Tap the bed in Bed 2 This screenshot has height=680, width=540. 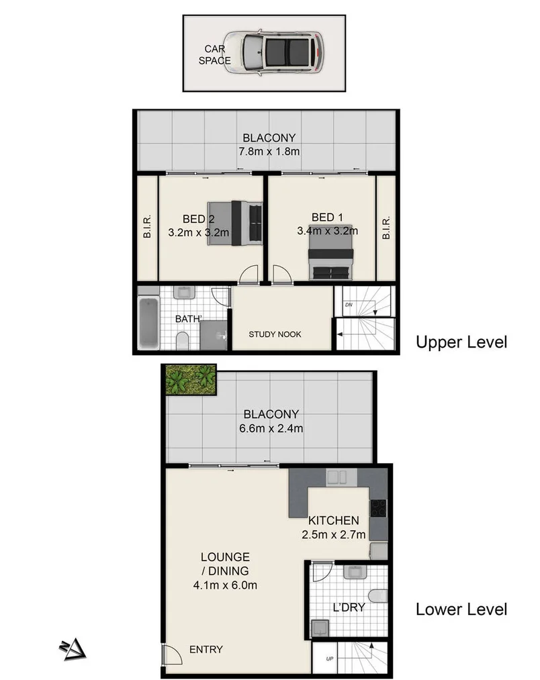click(235, 223)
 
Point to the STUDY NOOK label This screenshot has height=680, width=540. click(275, 334)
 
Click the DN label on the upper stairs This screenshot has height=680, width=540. click(348, 304)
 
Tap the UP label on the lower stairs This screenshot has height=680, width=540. click(329, 659)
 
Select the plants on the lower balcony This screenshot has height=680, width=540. click(191, 380)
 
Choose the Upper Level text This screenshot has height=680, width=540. click(461, 342)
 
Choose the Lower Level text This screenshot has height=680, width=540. click(461, 610)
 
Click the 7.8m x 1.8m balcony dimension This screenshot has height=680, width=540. click(269, 152)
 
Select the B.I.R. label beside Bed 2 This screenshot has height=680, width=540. click(147, 227)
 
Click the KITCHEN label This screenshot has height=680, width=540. click(334, 521)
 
